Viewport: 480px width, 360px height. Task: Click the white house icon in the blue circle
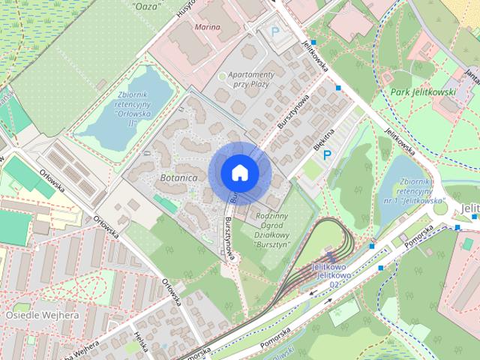(x=239, y=172)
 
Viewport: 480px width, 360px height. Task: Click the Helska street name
(x=139, y=341)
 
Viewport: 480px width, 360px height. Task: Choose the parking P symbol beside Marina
(x=275, y=32)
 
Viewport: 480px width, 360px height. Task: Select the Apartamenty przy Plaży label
(x=251, y=80)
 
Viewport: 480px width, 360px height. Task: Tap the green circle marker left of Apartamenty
(x=221, y=76)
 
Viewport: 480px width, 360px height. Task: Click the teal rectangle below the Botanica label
(x=166, y=202)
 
